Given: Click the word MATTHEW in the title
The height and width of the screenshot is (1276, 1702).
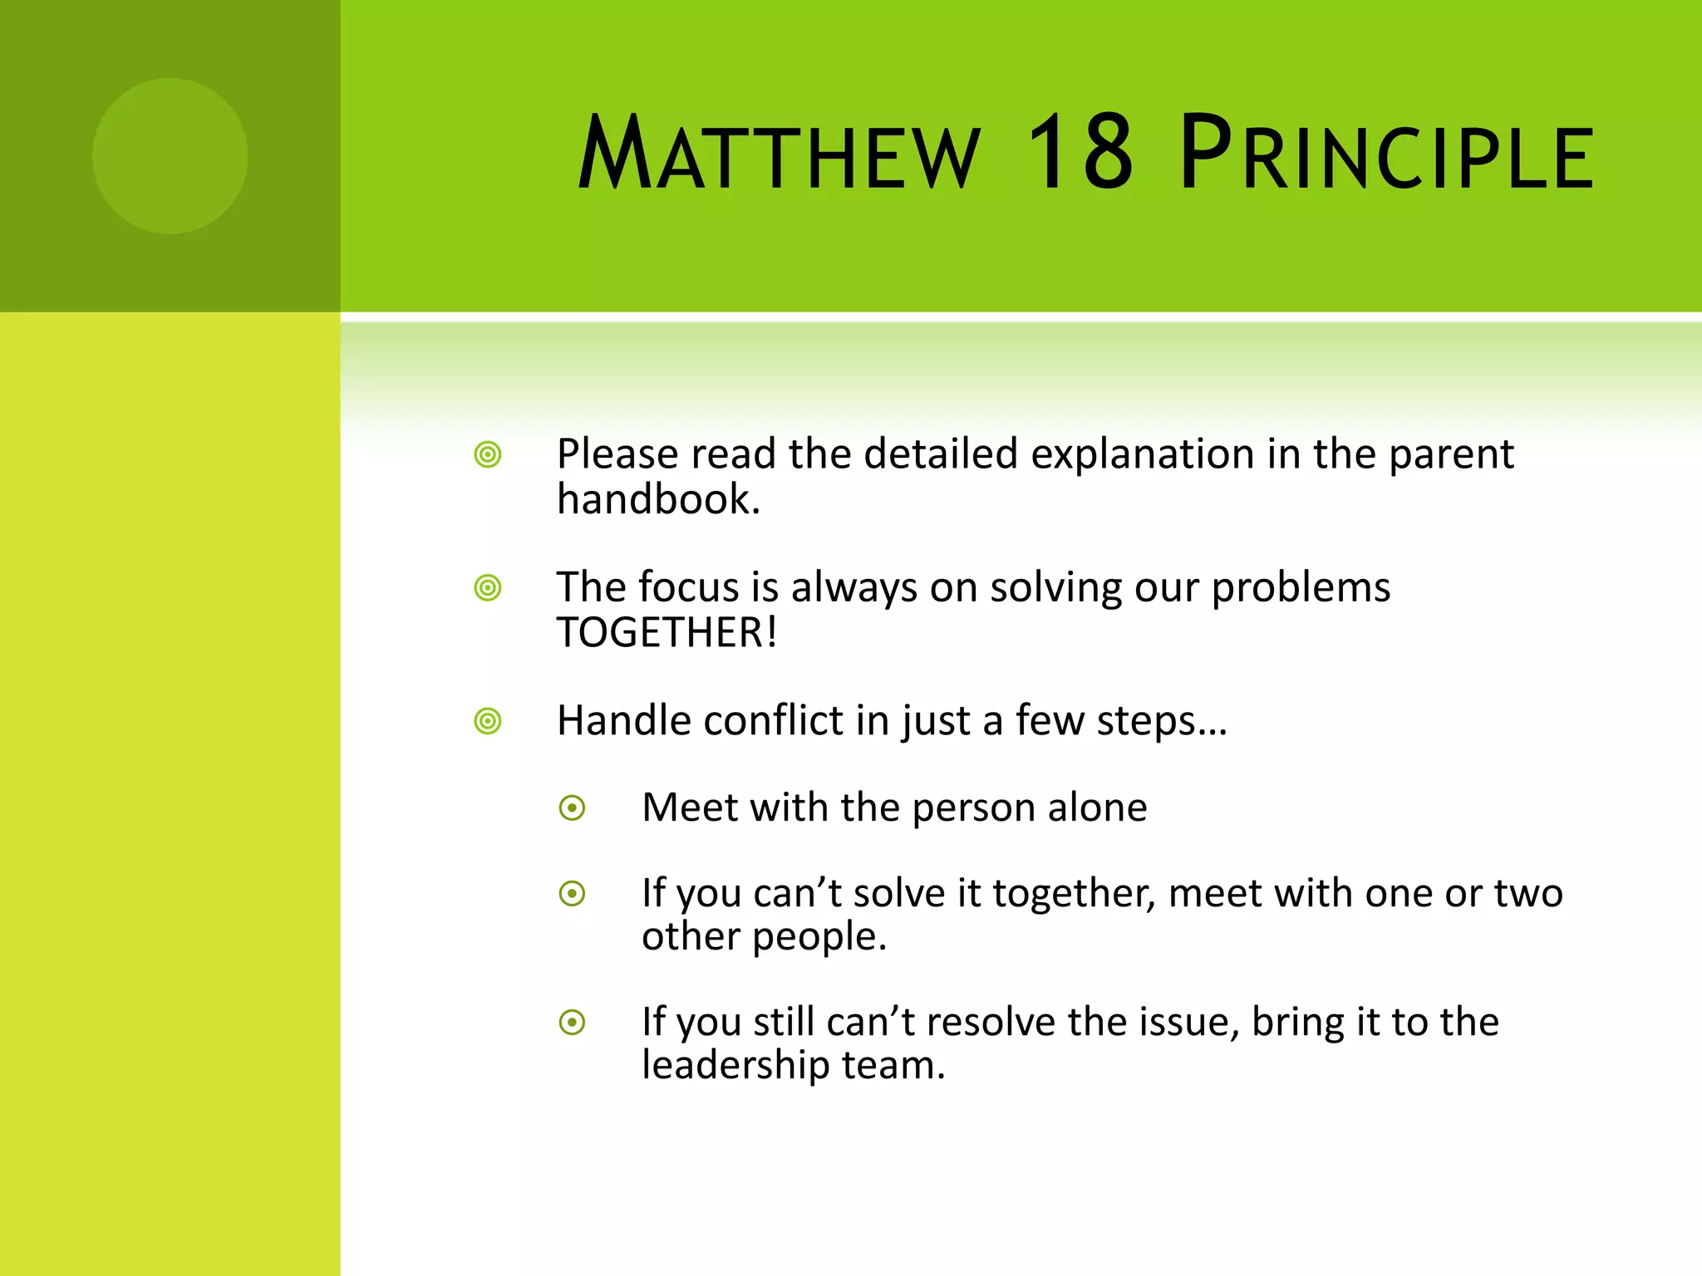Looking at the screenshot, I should coord(779,154).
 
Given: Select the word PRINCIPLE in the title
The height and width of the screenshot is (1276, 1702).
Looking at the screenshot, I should coord(1386,154).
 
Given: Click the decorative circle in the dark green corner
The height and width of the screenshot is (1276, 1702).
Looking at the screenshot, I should coord(170,155).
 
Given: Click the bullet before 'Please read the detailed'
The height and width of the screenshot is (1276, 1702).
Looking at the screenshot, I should coord(488,454).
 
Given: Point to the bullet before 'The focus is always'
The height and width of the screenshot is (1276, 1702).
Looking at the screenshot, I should coord(488,588).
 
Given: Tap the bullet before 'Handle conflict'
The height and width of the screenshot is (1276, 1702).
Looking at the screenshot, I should coord(488,721).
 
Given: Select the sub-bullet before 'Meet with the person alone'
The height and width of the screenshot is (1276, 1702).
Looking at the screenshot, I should coord(573,807).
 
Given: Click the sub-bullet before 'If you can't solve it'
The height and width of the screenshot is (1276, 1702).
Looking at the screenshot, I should coord(573,894).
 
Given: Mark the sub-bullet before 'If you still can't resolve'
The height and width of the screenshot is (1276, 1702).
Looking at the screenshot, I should coord(573,1023).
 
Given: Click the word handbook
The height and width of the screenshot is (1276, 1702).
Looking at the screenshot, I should coord(658,500).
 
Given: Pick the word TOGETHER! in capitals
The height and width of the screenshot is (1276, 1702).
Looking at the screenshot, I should coord(667,633).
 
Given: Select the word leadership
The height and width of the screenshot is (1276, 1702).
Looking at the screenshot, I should coord(735,1065).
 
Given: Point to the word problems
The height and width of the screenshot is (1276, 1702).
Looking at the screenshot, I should coord(1301,588).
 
